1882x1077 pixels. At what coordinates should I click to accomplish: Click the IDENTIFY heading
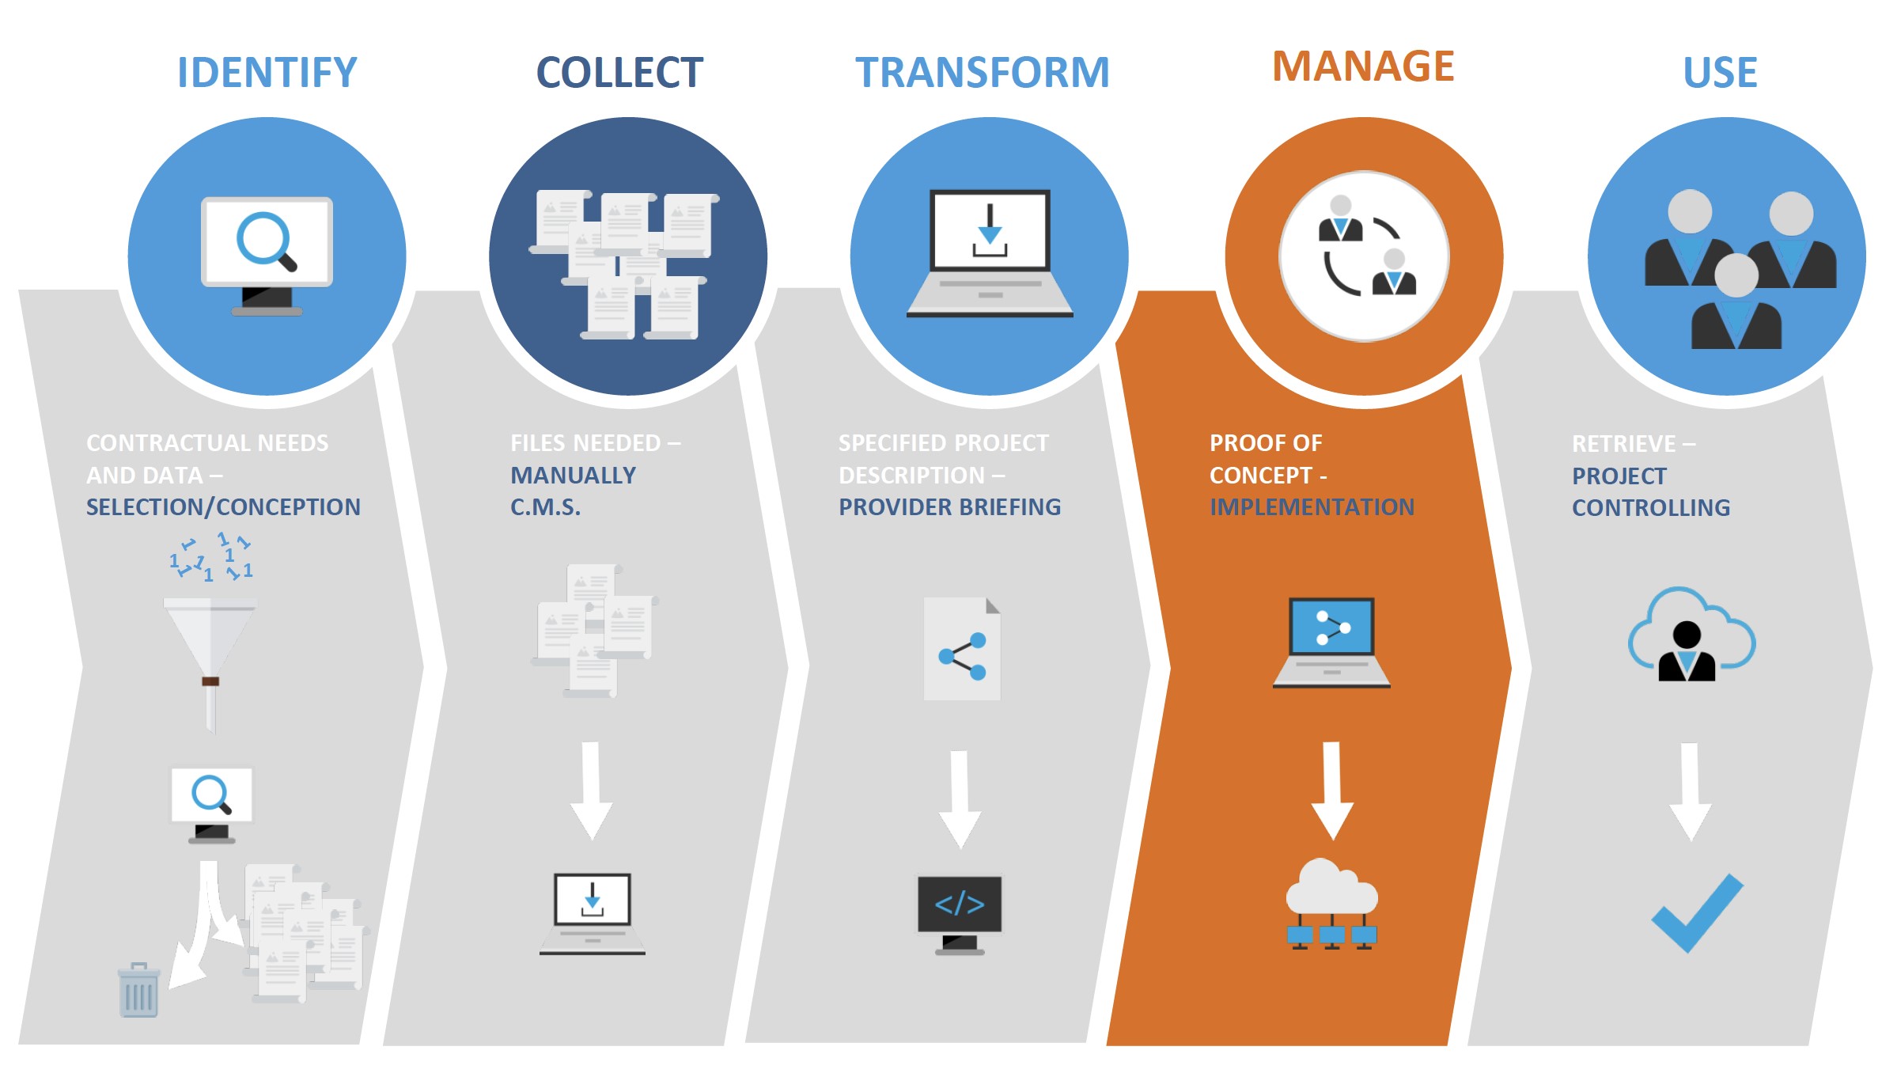[x=267, y=73]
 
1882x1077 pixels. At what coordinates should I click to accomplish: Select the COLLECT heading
[x=619, y=73]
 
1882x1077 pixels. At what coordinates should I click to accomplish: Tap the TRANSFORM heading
[x=983, y=73]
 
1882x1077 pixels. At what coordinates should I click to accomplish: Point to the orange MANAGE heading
[x=1363, y=66]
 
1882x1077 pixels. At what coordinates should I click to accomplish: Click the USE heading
[x=1720, y=73]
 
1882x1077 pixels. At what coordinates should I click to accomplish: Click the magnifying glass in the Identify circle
[x=265, y=240]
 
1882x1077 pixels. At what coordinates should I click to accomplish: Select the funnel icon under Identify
[x=210, y=649]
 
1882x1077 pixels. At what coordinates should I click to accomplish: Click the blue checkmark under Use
[x=1697, y=912]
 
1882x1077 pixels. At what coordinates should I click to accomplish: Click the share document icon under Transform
[x=962, y=649]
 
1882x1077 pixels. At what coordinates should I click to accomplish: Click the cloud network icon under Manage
[x=1332, y=902]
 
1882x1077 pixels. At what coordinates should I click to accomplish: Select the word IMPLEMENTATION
[x=1312, y=507]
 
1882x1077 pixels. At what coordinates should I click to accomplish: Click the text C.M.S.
[x=545, y=507]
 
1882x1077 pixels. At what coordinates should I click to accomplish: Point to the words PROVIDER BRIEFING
[x=949, y=507]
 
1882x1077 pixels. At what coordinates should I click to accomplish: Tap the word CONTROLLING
[x=1651, y=508]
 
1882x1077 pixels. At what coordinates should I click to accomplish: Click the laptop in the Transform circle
[x=990, y=253]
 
